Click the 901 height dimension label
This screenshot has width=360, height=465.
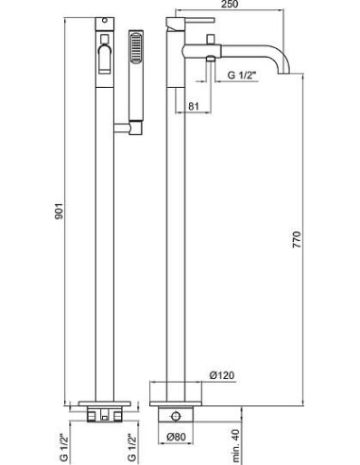60,211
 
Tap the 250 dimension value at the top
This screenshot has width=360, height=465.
230,4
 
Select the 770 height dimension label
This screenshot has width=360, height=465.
297,239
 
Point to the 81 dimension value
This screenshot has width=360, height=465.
193,106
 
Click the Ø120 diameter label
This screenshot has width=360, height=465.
222,375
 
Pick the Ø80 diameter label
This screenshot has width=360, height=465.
176,437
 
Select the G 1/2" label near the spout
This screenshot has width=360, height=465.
243,75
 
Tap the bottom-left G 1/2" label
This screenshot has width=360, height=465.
63,447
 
